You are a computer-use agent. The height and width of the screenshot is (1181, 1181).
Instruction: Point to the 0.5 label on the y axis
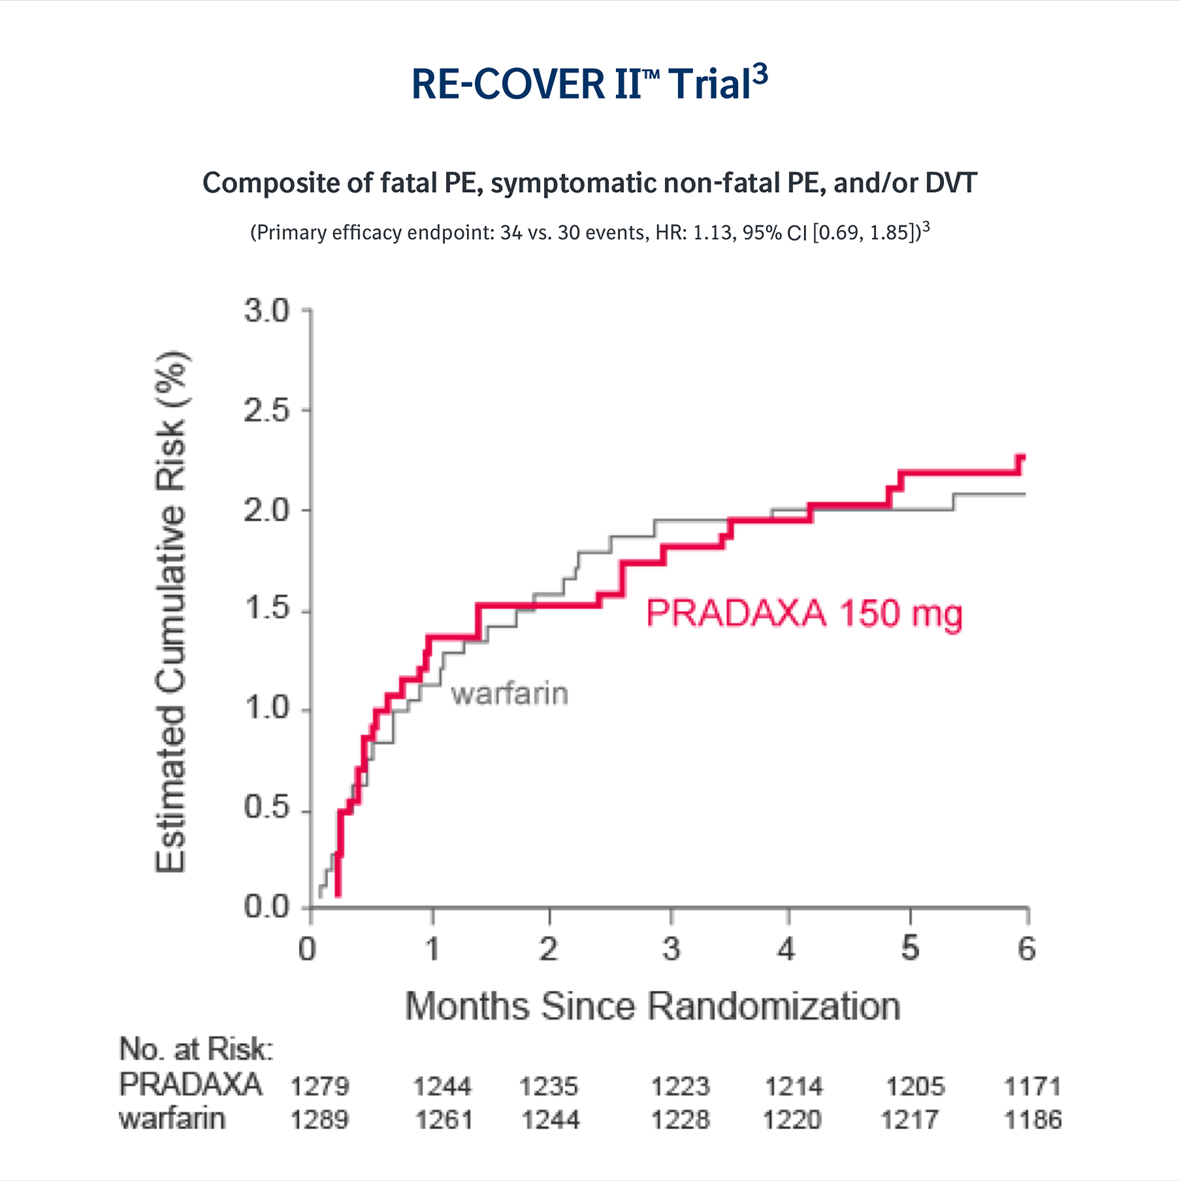point(267,808)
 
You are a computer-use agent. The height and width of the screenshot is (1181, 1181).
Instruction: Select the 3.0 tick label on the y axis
point(267,311)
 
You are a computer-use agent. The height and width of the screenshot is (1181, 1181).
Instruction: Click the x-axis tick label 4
point(786,949)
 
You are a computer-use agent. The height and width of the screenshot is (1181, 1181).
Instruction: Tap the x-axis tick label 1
point(432,949)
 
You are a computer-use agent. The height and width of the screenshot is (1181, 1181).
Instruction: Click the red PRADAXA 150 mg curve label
point(804,614)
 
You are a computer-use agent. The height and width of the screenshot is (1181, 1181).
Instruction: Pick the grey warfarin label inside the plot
point(510,694)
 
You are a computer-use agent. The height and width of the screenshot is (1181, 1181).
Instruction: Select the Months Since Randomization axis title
point(652,1007)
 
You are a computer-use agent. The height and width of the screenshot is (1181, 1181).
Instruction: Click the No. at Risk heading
point(196,1050)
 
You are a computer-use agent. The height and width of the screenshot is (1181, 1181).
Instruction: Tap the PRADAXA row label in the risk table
point(190,1085)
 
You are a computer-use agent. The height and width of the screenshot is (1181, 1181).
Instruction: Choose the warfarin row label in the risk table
point(172,1119)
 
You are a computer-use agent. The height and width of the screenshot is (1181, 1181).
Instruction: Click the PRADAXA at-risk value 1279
point(319,1087)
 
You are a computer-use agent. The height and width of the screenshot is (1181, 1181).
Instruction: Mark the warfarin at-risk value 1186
point(1032,1120)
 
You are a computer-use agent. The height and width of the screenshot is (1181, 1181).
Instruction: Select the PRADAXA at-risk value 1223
point(680,1087)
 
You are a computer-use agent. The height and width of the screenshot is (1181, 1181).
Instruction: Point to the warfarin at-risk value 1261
point(444,1120)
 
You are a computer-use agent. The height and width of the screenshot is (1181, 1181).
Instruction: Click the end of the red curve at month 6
point(1022,457)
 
